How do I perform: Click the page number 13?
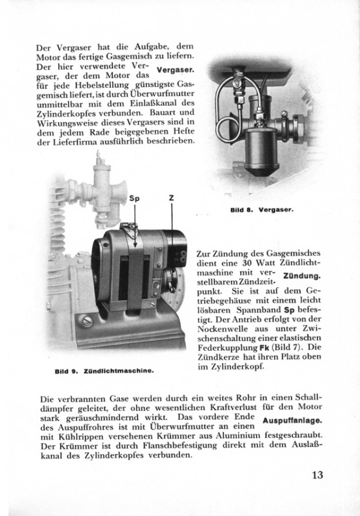[317, 475]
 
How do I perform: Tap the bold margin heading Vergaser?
[175, 70]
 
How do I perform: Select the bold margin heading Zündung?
[302, 277]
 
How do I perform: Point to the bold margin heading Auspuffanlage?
[292, 421]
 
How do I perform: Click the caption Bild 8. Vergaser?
[261, 210]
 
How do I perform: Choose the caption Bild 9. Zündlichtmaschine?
[105, 371]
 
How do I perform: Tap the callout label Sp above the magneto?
[134, 199]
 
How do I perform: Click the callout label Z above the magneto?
[172, 198]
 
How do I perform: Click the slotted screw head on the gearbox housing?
[87, 321]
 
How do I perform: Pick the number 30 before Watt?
[247, 263]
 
